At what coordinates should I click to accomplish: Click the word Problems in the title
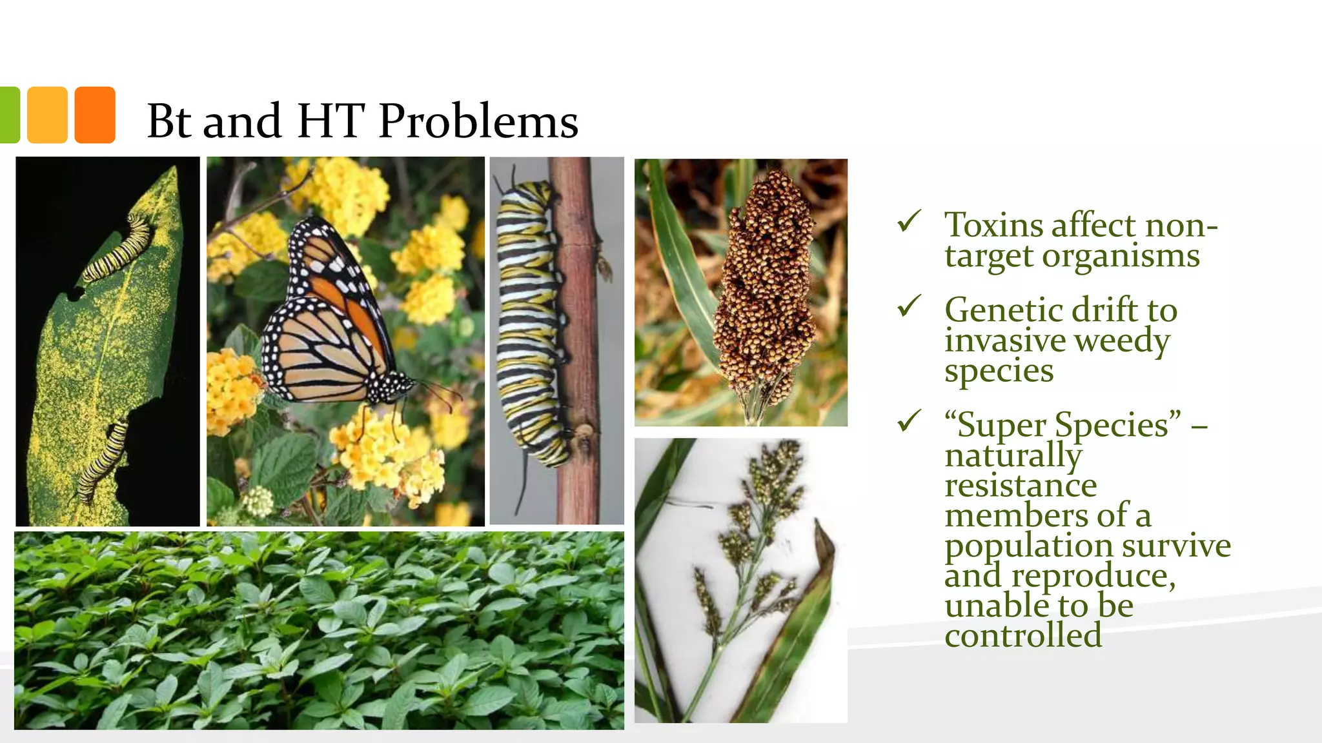pyautogui.click(x=478, y=121)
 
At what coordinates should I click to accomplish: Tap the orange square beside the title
pyautogui.click(x=95, y=115)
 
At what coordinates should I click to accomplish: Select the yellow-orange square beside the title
pyautogui.click(x=47, y=115)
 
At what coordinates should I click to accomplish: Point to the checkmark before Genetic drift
pyautogui.click(x=909, y=306)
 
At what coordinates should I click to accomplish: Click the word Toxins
pyautogui.click(x=994, y=225)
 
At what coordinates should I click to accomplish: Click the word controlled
pyautogui.click(x=1023, y=635)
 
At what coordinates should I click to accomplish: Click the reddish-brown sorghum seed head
pyautogui.click(x=765, y=284)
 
